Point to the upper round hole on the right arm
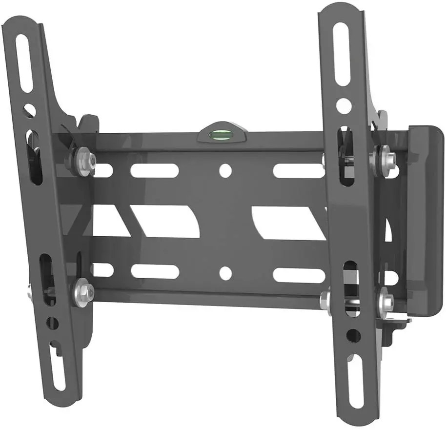point(344,105)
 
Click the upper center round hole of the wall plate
point(225,170)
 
